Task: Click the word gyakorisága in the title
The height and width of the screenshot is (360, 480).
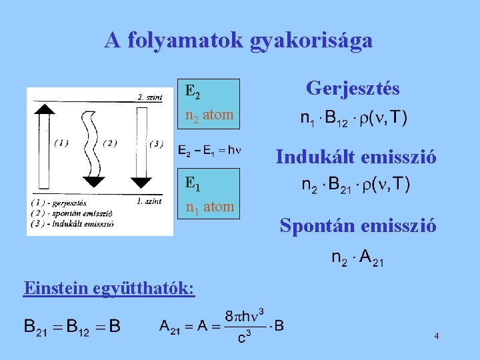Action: pyautogui.click(x=311, y=41)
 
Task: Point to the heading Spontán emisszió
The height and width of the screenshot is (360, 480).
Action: pyautogui.click(x=359, y=225)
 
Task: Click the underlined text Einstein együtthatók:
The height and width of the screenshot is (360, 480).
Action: pyautogui.click(x=109, y=288)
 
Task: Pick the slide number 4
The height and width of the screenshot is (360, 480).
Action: pyautogui.click(x=436, y=336)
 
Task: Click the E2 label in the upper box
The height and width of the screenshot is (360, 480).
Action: pyautogui.click(x=193, y=91)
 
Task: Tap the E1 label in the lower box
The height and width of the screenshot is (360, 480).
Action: pyautogui.click(x=193, y=182)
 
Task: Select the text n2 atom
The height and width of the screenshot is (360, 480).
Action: pyautogui.click(x=209, y=115)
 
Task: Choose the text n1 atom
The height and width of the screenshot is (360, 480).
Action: pyautogui.click(x=209, y=207)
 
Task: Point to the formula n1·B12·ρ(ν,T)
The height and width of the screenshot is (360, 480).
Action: pyautogui.click(x=353, y=119)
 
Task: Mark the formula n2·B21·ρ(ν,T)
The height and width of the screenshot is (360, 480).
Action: pyautogui.click(x=356, y=183)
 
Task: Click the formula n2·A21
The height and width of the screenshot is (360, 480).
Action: pyautogui.click(x=357, y=257)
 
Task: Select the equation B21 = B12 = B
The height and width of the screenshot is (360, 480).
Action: pyautogui.click(x=72, y=326)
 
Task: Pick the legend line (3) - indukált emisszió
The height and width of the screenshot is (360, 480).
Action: pyautogui.click(x=73, y=224)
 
